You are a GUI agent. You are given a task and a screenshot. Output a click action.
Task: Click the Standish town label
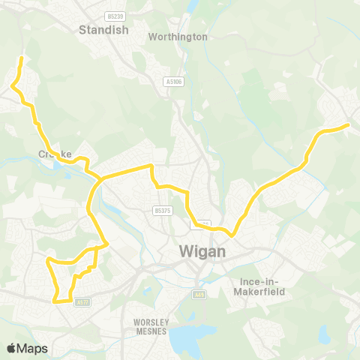pyautogui.click(x=104, y=30)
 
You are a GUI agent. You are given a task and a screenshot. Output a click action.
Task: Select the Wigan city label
pyautogui.click(x=202, y=252)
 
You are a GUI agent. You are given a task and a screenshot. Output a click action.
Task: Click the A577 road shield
pyautogui.click(x=82, y=301)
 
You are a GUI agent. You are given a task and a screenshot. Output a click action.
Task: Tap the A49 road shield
pyautogui.click(x=199, y=293)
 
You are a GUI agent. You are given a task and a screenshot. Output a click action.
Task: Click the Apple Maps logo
pyautogui.click(x=26, y=348)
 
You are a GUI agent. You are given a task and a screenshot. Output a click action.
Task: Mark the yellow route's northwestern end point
pyautogui.click(x=21, y=58)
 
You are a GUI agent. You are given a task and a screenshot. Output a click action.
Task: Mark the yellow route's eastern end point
pyautogui.click(x=349, y=125)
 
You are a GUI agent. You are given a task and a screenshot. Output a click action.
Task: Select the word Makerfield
pyautogui.click(x=262, y=291)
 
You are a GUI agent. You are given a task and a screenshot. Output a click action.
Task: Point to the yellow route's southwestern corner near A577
pyautogui.click(x=55, y=301)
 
